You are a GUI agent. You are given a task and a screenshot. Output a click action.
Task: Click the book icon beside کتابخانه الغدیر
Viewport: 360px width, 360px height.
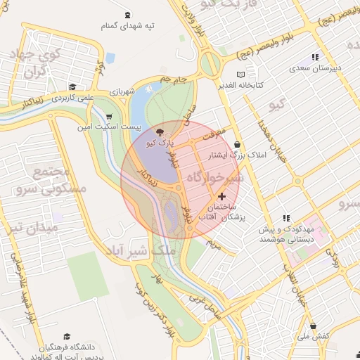241,74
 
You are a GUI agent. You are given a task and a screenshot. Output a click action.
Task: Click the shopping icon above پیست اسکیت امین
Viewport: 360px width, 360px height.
108,117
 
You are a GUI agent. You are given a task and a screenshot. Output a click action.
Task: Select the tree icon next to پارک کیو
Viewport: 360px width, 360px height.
160,131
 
